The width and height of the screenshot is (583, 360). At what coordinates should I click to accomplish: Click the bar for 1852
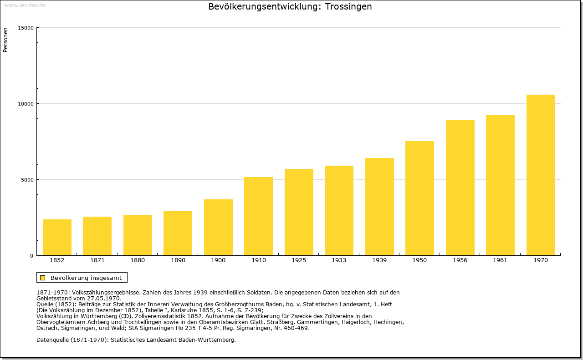[57, 237]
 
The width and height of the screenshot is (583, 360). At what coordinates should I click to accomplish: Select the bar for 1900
[218, 227]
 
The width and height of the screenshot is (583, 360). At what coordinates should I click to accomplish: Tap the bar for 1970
[541, 175]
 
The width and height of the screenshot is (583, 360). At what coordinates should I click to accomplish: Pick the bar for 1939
[379, 207]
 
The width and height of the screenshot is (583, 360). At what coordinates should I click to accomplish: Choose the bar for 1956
[460, 188]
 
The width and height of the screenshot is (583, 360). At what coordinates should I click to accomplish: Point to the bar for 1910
[258, 216]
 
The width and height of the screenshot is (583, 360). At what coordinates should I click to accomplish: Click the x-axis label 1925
[299, 260]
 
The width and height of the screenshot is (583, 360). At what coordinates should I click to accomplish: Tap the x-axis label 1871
[97, 260]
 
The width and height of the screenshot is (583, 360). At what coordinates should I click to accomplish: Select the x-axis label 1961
[500, 260]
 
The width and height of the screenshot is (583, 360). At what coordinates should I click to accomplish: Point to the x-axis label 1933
[339, 260]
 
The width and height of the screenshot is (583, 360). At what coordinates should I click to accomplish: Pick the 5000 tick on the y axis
[27, 180]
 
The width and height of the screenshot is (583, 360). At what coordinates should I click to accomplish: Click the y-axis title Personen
[5, 40]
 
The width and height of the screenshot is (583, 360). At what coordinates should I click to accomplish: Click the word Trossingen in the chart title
[348, 7]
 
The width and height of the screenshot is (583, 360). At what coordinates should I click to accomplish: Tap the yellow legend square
[43, 278]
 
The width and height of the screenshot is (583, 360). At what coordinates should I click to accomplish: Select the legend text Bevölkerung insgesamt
[86, 278]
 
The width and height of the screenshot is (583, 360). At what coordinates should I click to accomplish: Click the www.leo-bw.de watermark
[25, 5]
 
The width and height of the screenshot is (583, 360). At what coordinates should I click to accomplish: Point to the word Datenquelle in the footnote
[52, 340]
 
